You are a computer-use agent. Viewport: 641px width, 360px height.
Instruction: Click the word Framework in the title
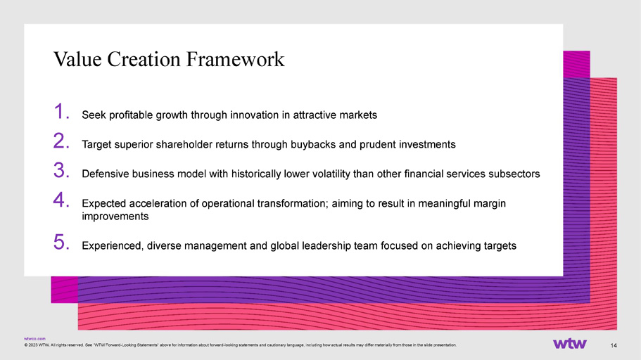tap(235, 59)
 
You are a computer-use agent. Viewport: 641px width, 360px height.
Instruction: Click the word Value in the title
tap(77, 59)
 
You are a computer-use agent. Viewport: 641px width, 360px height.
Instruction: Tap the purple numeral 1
tap(61, 111)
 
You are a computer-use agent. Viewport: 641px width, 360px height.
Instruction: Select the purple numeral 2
tap(61, 141)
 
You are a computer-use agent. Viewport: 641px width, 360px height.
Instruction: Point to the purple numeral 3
tap(61, 170)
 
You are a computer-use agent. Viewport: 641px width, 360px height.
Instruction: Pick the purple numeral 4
tap(61, 200)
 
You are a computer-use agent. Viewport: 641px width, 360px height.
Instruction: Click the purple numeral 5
tap(61, 242)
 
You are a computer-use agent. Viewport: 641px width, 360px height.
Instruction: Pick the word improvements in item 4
tap(115, 216)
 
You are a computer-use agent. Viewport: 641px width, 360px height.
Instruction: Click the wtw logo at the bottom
tap(570, 344)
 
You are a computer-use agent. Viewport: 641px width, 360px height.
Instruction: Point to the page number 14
tap(614, 346)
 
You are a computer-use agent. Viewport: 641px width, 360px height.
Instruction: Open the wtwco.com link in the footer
tap(34, 339)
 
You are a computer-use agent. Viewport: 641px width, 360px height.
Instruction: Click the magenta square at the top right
tap(576, 64)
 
